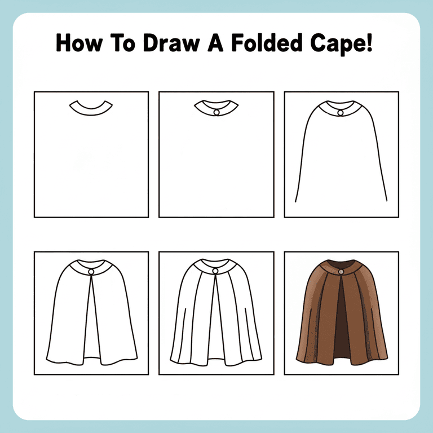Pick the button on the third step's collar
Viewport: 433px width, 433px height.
[341, 113]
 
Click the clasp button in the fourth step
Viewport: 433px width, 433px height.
[91, 272]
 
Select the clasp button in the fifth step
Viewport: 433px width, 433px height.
[215, 272]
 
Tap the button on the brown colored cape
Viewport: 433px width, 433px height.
[341, 273]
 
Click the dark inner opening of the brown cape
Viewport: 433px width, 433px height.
[340, 321]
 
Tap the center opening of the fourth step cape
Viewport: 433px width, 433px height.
[91, 327]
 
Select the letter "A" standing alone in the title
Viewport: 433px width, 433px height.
[210, 43]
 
